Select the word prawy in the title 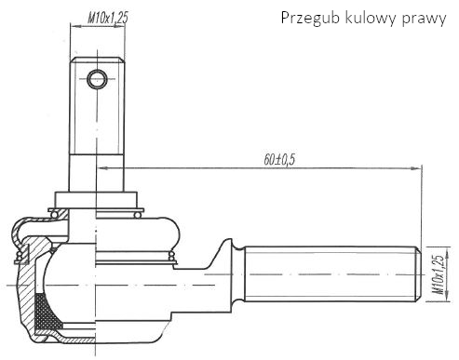(424, 20)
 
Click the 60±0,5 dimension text (279, 160)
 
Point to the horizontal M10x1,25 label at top (108, 18)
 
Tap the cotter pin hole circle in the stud (97, 79)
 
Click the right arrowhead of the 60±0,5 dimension (416, 168)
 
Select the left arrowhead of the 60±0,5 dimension (102, 167)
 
